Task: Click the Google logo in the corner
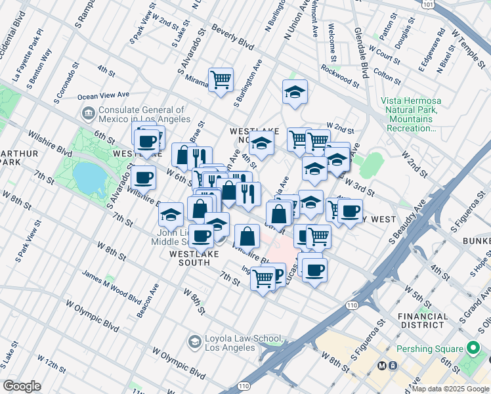[22, 386]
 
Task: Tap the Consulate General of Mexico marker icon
[87, 113]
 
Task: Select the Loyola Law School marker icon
[194, 341]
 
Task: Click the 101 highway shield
[428, 4]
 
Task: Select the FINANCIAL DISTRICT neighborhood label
[423, 320]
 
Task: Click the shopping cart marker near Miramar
[221, 80]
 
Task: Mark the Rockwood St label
[340, 76]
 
